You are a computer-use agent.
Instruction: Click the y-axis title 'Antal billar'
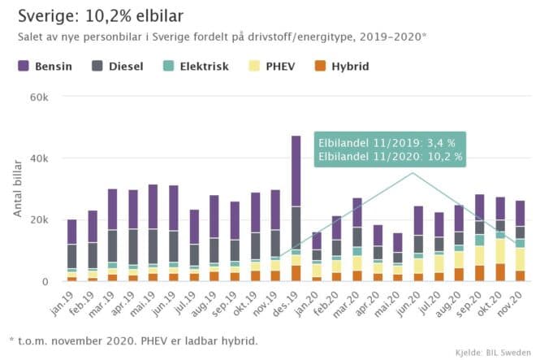(x=18, y=189)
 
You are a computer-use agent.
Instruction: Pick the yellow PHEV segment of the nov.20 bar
(x=521, y=259)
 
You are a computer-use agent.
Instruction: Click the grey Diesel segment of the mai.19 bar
(x=152, y=246)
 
